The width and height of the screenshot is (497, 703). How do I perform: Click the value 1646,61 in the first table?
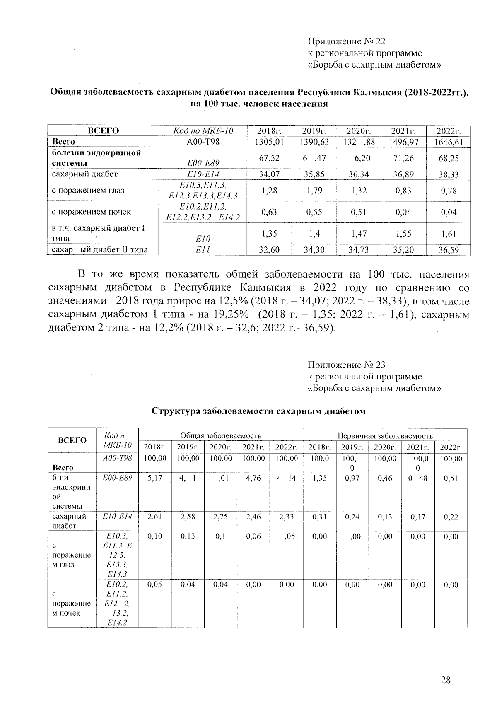(449, 142)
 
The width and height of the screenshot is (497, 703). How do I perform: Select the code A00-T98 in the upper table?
(203, 142)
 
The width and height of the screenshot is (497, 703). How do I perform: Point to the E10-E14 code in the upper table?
(203, 174)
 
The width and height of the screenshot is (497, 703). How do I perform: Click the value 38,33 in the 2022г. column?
(449, 174)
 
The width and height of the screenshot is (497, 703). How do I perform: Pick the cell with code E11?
(203, 249)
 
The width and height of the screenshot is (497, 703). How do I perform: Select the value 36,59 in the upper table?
(449, 250)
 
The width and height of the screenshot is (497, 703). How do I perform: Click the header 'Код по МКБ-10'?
(203, 131)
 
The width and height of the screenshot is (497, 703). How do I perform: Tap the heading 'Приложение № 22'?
(346, 41)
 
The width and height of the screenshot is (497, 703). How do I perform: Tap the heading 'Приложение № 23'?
(346, 365)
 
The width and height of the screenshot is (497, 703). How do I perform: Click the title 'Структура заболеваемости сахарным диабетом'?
(259, 411)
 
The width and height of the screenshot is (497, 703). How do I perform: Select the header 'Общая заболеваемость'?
(220, 436)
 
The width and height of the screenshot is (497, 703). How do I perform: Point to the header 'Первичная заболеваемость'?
(385, 436)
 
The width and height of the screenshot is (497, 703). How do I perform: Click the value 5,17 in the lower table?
(154, 478)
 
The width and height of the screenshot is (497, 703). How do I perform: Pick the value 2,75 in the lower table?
(221, 517)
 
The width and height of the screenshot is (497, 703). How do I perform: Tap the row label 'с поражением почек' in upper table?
(91, 212)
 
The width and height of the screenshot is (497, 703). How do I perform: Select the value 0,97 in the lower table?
(352, 478)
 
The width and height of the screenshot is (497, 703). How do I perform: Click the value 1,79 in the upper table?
(314, 191)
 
